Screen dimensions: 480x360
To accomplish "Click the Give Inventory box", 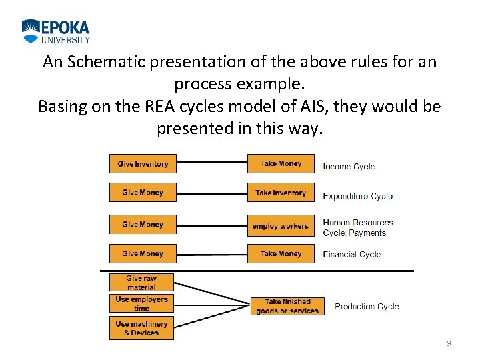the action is pyautogui.click(x=143, y=164).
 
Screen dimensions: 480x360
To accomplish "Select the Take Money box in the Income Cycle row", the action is pyautogui.click(x=281, y=164).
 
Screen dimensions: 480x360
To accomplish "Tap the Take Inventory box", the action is pyautogui.click(x=281, y=193).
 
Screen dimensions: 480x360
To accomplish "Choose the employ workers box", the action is pyautogui.click(x=281, y=226).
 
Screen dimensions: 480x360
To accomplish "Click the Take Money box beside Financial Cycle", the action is pyautogui.click(x=281, y=254).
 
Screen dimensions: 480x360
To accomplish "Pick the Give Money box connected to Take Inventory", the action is pyautogui.click(x=143, y=193).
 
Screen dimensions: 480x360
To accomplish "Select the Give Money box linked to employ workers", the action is pyautogui.click(x=143, y=225).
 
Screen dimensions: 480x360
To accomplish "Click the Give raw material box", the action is pyautogui.click(x=141, y=283).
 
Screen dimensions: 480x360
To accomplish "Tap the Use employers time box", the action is pyautogui.click(x=141, y=304).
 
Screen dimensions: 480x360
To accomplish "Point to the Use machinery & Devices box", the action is pyautogui.click(x=141, y=328).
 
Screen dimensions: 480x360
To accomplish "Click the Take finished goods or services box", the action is pyautogui.click(x=287, y=306).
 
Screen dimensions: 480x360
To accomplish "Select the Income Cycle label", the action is pyautogui.click(x=349, y=167).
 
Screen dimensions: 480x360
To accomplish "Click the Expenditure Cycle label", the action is pyautogui.click(x=357, y=197).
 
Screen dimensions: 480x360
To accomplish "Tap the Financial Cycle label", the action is pyautogui.click(x=351, y=254).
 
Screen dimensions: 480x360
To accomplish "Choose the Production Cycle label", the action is pyautogui.click(x=367, y=307).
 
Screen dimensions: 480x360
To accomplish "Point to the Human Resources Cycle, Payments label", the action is pyautogui.click(x=357, y=227).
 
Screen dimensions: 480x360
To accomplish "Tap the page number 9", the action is pyautogui.click(x=449, y=343).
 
